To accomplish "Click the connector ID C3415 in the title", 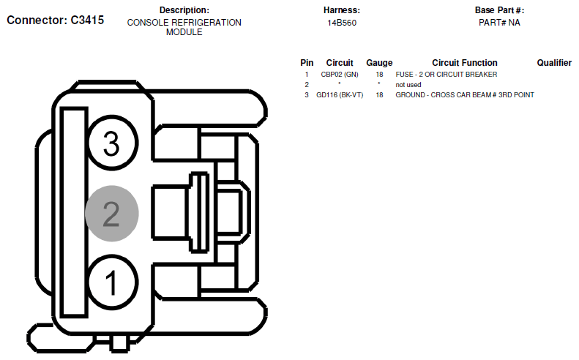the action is tap(87, 20).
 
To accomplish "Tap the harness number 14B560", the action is tap(342, 23).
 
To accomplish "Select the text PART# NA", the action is tap(499, 23).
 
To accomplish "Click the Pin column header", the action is tap(307, 63).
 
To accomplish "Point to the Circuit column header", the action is tap(340, 63).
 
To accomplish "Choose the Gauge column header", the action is tap(379, 63).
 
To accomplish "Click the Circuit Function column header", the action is tap(465, 63).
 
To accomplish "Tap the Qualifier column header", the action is tap(554, 63).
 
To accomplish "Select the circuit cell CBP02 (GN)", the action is tap(340, 75).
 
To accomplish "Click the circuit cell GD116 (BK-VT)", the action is tap(340, 95).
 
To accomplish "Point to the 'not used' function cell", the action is tap(408, 85).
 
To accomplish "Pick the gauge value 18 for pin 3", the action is tap(379, 95).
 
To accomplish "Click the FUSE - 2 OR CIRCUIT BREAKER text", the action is tap(446, 75).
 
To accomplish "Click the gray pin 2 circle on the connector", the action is tap(112, 214).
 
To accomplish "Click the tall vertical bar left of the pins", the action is tap(74, 212).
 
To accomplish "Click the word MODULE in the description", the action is tap(184, 32).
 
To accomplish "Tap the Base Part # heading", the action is tap(499, 10).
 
